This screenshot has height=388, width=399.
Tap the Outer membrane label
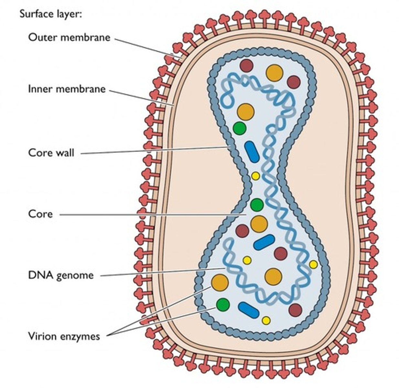point(69,37)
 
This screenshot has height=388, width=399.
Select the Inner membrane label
point(67,89)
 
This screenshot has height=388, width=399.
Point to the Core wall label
point(51,152)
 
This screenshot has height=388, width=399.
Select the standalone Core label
point(40,214)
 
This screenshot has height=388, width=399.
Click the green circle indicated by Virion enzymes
point(223,305)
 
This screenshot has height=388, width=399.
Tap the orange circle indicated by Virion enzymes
point(220,282)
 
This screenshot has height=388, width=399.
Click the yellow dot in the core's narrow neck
point(255,176)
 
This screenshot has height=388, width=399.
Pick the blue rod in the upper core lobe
point(252,152)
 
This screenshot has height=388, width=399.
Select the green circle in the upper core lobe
point(240,128)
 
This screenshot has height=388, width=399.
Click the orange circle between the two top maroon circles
point(275,73)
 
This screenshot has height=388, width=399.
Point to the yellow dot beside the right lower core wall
point(313,264)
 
